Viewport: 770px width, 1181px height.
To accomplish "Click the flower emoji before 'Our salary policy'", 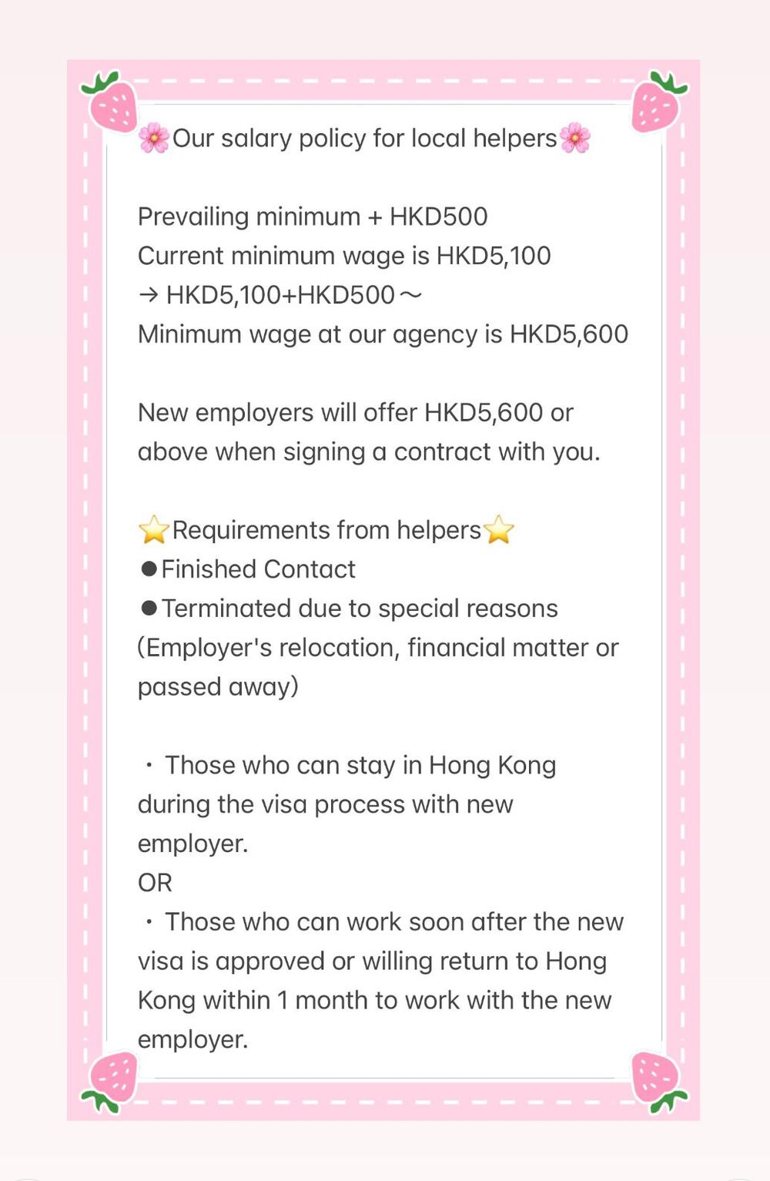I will (x=154, y=139).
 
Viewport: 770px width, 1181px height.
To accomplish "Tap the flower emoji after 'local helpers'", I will (x=574, y=139).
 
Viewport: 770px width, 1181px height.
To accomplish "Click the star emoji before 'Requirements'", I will (x=154, y=530).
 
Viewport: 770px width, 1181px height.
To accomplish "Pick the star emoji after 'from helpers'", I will (x=498, y=530).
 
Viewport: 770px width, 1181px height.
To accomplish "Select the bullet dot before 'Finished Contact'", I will (x=149, y=569).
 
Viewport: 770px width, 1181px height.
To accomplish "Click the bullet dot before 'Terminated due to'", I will (x=149, y=609).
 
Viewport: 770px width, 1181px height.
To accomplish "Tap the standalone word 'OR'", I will (x=155, y=883).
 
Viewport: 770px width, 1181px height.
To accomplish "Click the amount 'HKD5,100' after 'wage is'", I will (x=494, y=256).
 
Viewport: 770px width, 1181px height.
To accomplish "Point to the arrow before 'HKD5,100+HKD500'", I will (x=149, y=295).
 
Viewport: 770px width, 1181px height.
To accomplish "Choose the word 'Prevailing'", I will (x=194, y=217).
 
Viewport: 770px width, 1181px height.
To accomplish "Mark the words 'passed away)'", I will (x=218, y=687).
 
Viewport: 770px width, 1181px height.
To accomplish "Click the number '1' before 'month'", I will (x=283, y=1001).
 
